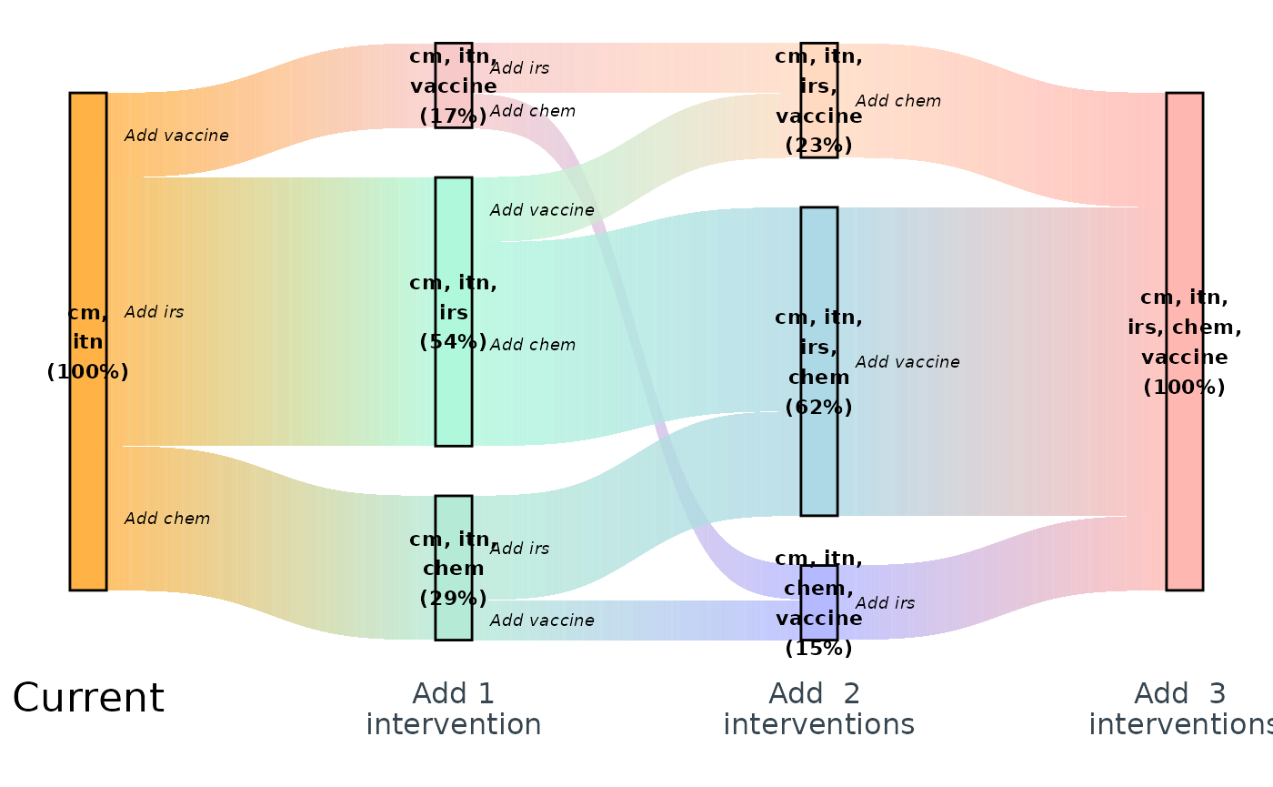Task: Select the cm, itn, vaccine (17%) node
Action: pos(454,85)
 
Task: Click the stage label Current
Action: pos(88,698)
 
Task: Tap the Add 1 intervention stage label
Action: pos(454,709)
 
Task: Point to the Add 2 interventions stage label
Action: pos(818,709)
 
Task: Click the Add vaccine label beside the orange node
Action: pos(176,136)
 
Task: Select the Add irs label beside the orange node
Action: pos(154,312)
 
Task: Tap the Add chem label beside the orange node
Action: pos(167,519)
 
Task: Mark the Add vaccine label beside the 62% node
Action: pos(907,362)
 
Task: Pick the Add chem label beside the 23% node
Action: pos(897,101)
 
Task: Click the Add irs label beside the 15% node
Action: pos(885,603)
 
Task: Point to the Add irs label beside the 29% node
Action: pos(519,549)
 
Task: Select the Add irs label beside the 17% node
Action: pos(519,67)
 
